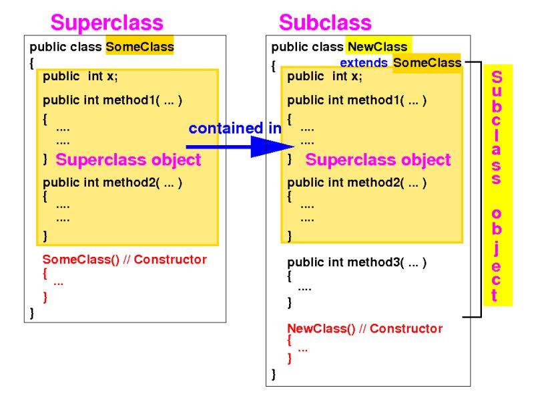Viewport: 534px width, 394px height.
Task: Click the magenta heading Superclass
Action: [x=107, y=23]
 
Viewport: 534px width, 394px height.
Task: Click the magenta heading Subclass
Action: [x=325, y=23]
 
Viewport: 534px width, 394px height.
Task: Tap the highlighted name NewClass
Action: [x=377, y=47]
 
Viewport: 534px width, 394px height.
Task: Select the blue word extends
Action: [x=364, y=63]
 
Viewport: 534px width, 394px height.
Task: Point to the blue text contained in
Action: [x=234, y=128]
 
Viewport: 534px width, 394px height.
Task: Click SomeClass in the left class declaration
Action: [x=140, y=47]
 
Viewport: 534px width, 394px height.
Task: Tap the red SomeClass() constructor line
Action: [x=124, y=260]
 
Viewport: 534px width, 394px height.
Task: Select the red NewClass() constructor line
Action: [x=364, y=328]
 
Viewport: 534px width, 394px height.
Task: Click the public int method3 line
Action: [x=356, y=263]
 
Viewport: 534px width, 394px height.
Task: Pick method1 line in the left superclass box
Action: [x=112, y=100]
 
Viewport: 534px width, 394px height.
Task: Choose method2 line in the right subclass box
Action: [x=356, y=183]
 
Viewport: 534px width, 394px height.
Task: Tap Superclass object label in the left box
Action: [x=128, y=160]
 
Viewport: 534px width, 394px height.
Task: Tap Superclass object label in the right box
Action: [x=378, y=160]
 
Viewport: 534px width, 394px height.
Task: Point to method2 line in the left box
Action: [x=112, y=183]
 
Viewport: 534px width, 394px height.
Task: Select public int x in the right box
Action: [x=324, y=76]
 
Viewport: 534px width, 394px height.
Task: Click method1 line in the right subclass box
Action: [x=356, y=100]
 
